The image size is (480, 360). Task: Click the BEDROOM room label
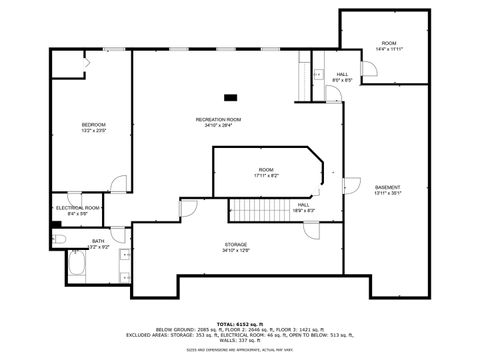click(93, 124)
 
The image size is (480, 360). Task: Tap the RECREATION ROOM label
click(218, 119)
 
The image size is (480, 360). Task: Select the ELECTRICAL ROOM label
click(78, 207)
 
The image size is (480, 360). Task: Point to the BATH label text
click(98, 240)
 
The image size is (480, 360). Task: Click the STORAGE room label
click(235, 244)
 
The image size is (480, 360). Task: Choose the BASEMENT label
click(387, 187)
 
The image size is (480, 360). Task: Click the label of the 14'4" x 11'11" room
click(389, 43)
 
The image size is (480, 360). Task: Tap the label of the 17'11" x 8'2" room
click(266, 170)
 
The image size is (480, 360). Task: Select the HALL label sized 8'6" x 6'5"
click(342, 74)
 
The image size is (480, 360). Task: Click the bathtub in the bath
click(77, 267)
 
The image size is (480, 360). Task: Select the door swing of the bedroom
click(119, 185)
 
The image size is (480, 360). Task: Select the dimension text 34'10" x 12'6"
click(235, 250)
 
